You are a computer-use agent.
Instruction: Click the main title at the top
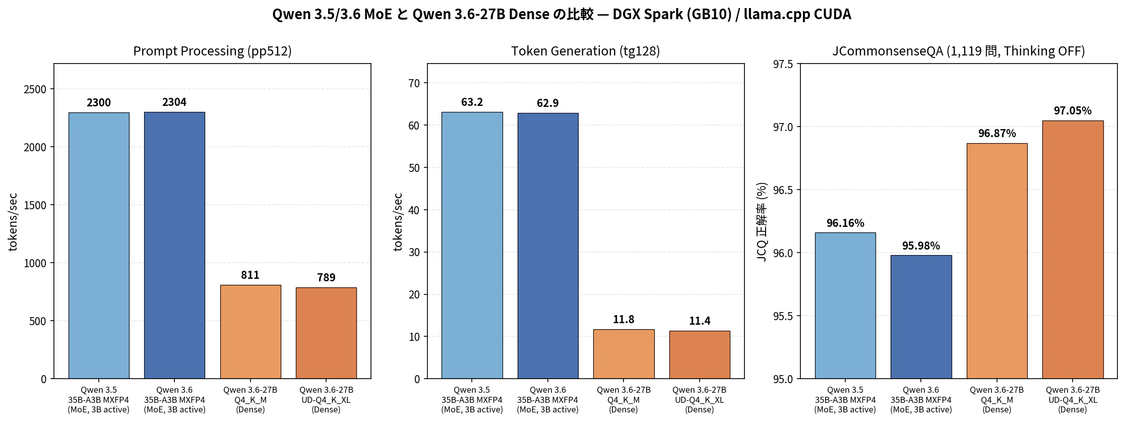pyautogui.click(x=561, y=14)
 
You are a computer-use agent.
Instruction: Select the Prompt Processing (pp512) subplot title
pyautogui.click(x=212, y=51)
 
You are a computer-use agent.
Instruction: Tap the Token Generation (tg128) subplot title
pyautogui.click(x=585, y=51)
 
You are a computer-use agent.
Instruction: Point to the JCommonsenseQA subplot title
pyautogui.click(x=958, y=51)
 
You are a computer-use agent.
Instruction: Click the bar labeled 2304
pyautogui.click(x=174, y=245)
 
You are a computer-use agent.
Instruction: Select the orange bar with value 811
pyautogui.click(x=251, y=332)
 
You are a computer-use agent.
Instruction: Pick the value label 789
pyautogui.click(x=326, y=277)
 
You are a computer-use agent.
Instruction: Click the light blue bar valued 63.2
pyautogui.click(x=472, y=245)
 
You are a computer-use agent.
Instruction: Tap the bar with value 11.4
pyautogui.click(x=700, y=354)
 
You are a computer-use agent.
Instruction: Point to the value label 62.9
pyautogui.click(x=547, y=103)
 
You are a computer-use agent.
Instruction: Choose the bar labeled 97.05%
pyautogui.click(x=1073, y=250)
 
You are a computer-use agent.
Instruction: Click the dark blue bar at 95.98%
pyautogui.click(x=921, y=317)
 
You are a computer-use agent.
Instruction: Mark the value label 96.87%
pyautogui.click(x=997, y=133)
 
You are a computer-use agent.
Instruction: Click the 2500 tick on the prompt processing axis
pyautogui.click(x=35, y=89)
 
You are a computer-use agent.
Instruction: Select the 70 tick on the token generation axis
pyautogui.click(x=414, y=83)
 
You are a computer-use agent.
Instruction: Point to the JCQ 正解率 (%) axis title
pyautogui.click(x=762, y=221)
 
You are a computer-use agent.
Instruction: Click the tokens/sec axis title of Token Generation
pyautogui.click(x=398, y=221)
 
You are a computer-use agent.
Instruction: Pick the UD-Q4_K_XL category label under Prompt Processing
pyautogui.click(x=326, y=400)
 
